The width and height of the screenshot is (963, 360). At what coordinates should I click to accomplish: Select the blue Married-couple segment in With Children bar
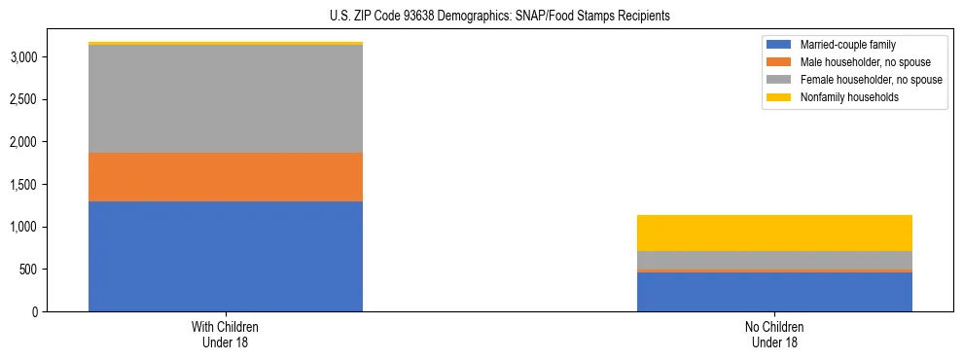pyautogui.click(x=226, y=256)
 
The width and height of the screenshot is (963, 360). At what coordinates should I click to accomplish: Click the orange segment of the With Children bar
pyautogui.click(x=226, y=177)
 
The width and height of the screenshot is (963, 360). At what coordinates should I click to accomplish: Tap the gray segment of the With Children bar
pyautogui.click(x=226, y=98)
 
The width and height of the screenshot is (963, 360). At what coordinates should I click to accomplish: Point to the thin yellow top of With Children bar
pyautogui.click(x=226, y=43)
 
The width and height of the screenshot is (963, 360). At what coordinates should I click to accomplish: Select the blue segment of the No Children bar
pyautogui.click(x=774, y=292)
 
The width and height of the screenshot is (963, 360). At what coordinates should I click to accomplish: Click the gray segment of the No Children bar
pyautogui.click(x=774, y=260)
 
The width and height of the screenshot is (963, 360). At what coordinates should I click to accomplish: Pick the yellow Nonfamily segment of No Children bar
pyautogui.click(x=774, y=233)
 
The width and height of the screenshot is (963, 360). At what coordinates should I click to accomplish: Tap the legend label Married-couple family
pyautogui.click(x=847, y=45)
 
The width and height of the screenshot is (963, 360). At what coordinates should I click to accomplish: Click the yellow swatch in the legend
pyautogui.click(x=780, y=97)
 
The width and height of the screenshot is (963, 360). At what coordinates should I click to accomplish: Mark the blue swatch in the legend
pyautogui.click(x=780, y=45)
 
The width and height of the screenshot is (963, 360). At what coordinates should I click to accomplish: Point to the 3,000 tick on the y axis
pyautogui.click(x=23, y=57)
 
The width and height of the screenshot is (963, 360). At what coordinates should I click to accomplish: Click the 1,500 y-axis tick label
pyautogui.click(x=23, y=185)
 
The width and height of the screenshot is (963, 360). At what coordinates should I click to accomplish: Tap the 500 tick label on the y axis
pyautogui.click(x=28, y=270)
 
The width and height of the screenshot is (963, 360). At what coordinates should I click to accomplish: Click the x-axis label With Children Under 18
pyautogui.click(x=226, y=335)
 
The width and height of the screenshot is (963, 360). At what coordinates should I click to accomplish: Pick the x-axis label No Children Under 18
pyautogui.click(x=774, y=335)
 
